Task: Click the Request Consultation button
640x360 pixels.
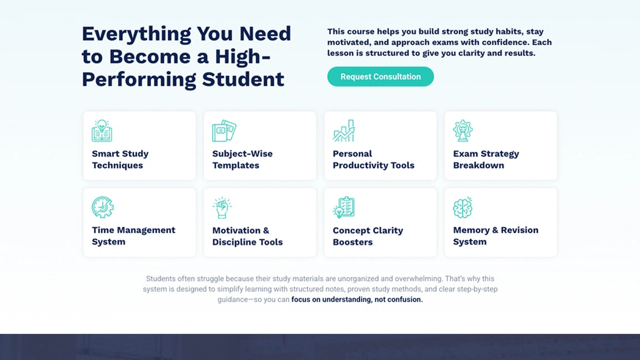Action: point(381,77)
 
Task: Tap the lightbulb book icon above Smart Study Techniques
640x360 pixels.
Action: point(102,131)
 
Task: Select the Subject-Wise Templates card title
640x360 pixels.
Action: point(242,159)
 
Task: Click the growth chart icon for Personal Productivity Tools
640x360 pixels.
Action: point(343,131)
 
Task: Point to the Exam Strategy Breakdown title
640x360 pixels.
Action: point(486,159)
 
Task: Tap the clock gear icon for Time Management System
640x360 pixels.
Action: point(102,207)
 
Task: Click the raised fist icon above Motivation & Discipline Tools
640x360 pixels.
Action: point(222,207)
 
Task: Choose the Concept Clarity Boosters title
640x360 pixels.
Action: point(367,236)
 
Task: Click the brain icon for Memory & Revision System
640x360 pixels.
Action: point(463,207)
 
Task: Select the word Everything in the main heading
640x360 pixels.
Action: point(137,34)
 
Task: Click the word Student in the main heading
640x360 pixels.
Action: point(243,79)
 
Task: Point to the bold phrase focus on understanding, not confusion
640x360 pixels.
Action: point(357,299)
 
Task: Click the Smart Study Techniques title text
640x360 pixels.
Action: point(120,159)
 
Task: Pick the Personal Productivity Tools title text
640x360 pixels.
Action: point(373,159)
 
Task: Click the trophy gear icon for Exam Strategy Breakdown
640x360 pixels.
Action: point(463,131)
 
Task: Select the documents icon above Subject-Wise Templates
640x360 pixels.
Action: point(224,131)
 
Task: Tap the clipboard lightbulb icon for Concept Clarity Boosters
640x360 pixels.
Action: point(343,207)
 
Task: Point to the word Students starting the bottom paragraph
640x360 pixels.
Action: point(161,278)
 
